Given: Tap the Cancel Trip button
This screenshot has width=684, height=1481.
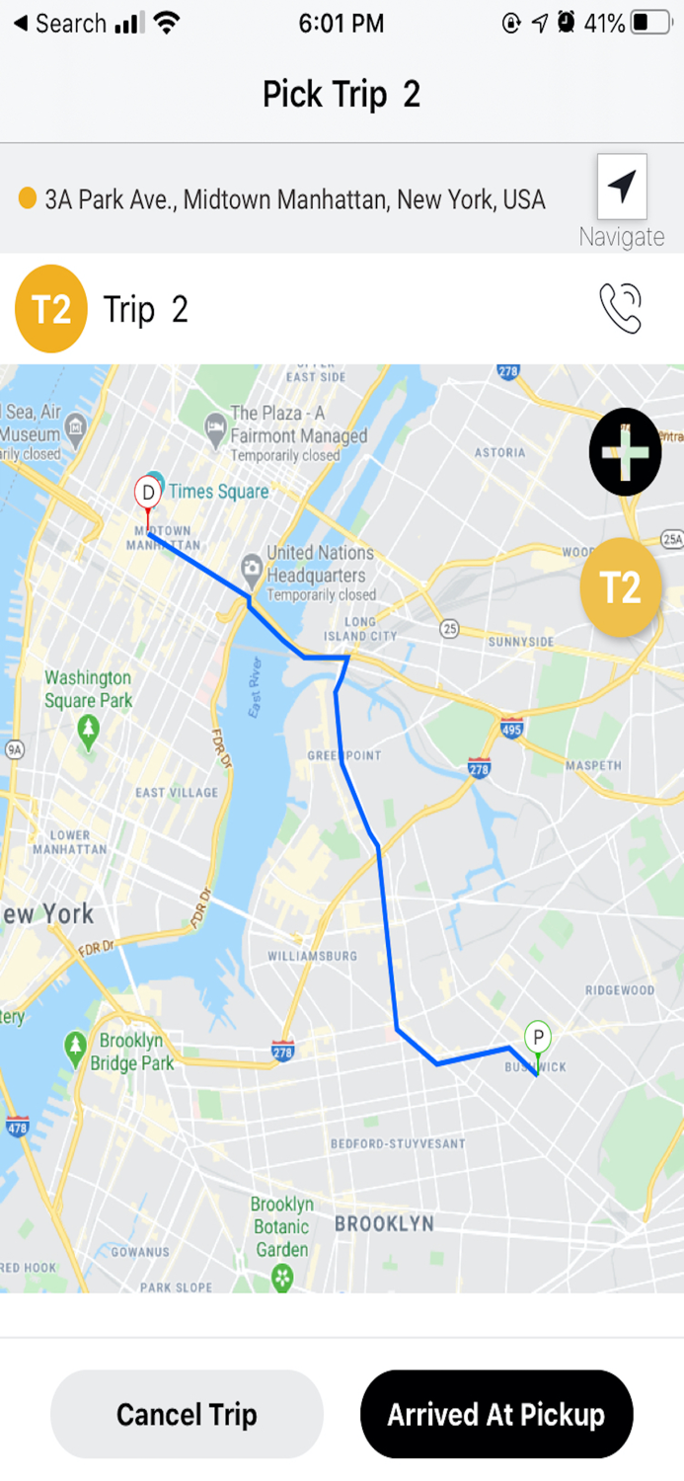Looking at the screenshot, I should (x=187, y=1414).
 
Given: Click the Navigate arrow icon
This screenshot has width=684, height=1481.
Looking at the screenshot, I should (x=622, y=186).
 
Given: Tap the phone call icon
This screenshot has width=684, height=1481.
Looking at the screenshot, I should (x=621, y=308).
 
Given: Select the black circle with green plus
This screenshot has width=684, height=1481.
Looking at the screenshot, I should (x=625, y=451).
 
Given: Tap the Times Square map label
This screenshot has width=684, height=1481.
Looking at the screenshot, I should (x=217, y=491).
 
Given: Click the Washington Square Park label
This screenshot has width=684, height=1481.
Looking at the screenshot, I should (x=88, y=689).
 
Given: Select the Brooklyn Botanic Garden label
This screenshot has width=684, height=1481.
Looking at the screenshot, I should (x=281, y=1226).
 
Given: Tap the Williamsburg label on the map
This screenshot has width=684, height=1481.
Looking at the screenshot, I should (x=312, y=956).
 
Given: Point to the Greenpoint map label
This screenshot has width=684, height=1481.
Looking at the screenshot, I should (x=343, y=755).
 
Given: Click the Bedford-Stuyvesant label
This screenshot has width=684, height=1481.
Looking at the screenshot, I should (x=397, y=1143).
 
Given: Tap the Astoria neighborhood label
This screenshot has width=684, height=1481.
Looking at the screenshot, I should (x=499, y=452).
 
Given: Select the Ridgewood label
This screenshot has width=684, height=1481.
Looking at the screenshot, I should (x=619, y=989).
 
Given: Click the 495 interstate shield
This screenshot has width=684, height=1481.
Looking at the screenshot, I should (x=511, y=729).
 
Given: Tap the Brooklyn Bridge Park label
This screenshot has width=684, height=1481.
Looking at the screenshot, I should (x=131, y=1052).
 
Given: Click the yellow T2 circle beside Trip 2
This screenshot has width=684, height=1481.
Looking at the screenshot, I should (x=51, y=309).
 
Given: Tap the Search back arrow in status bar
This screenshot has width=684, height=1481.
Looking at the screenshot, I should (x=20, y=23).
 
